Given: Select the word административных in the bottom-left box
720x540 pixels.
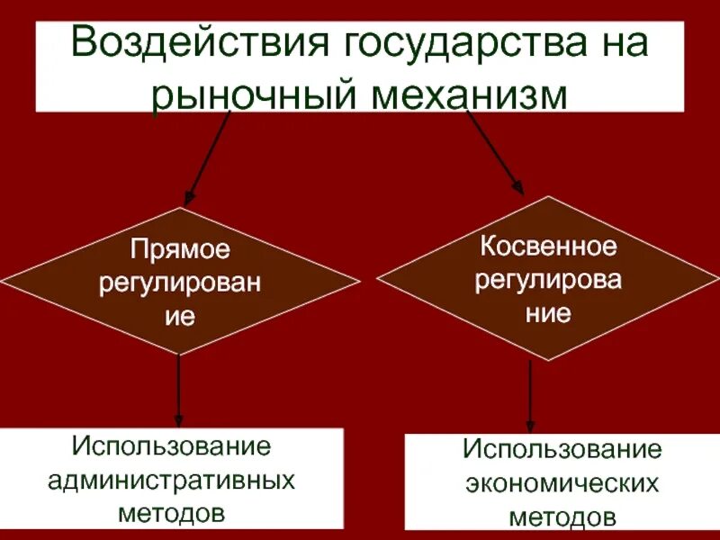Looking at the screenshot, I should pyautogui.click(x=171, y=480).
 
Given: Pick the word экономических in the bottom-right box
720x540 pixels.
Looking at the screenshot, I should pyautogui.click(x=562, y=484).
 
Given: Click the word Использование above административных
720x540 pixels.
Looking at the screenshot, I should pyautogui.click(x=172, y=445).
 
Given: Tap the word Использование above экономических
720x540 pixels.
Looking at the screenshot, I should pyautogui.click(x=562, y=450).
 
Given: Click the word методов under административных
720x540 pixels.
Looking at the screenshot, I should pyautogui.click(x=171, y=514).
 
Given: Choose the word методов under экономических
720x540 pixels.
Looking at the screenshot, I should pyautogui.click(x=562, y=518).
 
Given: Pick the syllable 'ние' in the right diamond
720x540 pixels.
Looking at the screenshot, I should pyautogui.click(x=548, y=314).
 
